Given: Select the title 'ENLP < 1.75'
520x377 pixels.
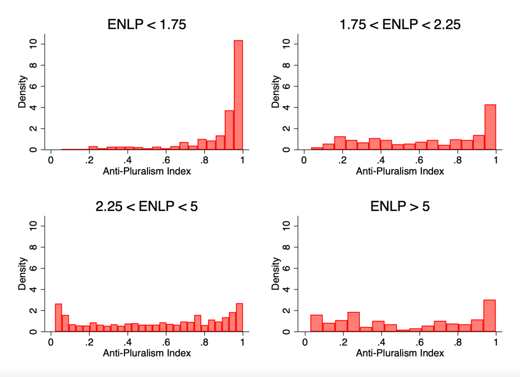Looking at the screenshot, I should tap(147, 24).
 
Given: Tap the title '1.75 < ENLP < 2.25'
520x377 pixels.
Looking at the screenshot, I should tap(400, 24).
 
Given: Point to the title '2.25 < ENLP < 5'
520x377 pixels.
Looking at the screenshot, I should tap(147, 206).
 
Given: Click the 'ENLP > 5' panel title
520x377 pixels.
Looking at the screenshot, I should tap(400, 206).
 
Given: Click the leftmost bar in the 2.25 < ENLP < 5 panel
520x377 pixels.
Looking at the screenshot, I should tap(58, 318).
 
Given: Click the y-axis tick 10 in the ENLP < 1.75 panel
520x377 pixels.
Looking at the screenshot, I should tap(32, 44).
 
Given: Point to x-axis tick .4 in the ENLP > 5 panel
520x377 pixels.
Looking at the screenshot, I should tap(381, 342).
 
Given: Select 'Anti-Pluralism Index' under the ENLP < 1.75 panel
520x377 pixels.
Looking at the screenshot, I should tap(147, 171).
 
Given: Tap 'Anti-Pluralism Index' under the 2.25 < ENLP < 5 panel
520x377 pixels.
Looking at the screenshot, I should tap(147, 353).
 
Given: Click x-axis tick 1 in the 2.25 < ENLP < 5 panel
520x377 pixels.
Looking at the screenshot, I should tap(242, 342).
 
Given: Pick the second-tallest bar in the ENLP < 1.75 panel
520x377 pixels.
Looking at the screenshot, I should tap(229, 130).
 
